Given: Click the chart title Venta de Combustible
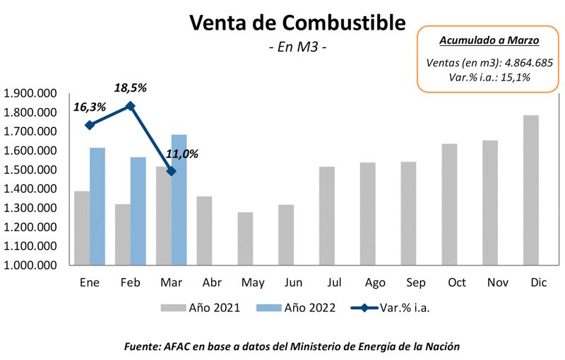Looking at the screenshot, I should (297, 23).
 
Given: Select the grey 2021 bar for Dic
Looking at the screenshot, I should (531, 191).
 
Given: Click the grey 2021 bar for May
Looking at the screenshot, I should (245, 239).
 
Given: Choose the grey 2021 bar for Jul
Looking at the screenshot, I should (327, 216).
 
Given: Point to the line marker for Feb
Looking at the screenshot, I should (130, 106).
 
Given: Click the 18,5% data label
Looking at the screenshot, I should (131, 88).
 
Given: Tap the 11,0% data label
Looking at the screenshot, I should (182, 153).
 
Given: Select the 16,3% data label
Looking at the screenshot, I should (90, 107).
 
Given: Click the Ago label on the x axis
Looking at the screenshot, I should (375, 283).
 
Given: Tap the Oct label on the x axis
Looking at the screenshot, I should (457, 283).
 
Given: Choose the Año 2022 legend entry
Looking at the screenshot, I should (309, 308).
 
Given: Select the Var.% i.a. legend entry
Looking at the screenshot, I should (404, 308).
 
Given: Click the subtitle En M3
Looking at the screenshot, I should (297, 48).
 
